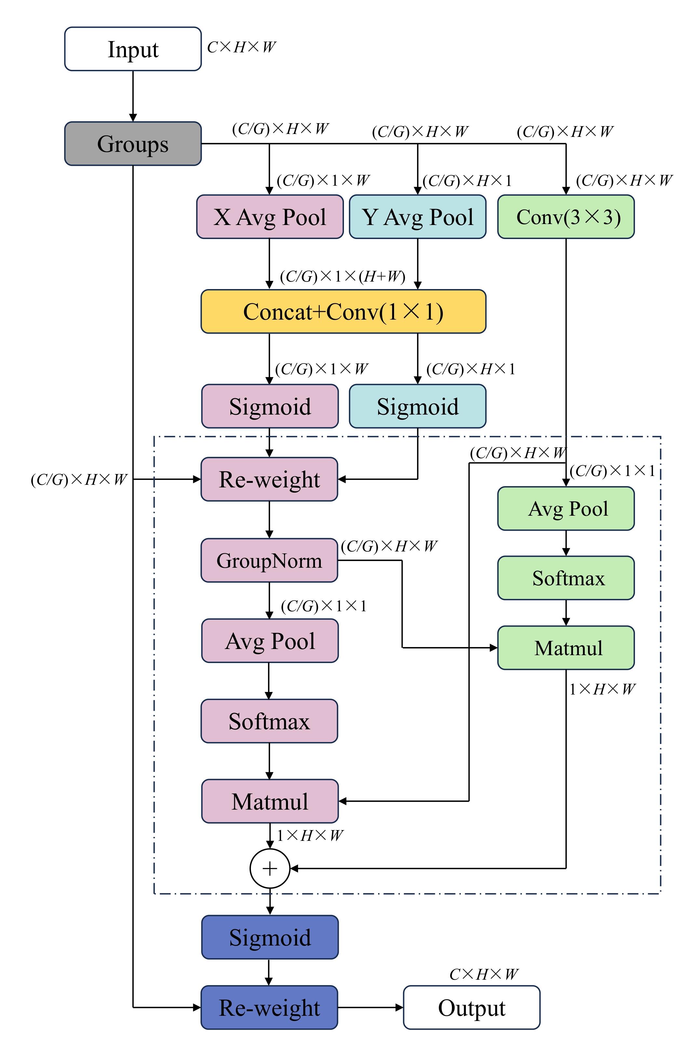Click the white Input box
tap(133, 49)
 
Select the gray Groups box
tap(133, 144)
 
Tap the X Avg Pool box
tap(270, 217)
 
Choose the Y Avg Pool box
tap(417, 217)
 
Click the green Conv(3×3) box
tap(566, 217)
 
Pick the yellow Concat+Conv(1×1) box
tap(343, 311)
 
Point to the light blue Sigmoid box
tap(417, 406)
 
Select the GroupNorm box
tap(269, 560)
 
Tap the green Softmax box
tap(566, 578)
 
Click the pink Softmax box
tap(269, 721)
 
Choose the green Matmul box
tap(566, 648)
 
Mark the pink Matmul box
tap(270, 801)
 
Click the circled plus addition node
tap(270, 868)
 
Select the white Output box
tap(471, 1007)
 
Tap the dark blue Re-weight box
tap(269, 1007)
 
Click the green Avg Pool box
tap(566, 509)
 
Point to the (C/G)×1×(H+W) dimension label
tap(343, 276)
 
